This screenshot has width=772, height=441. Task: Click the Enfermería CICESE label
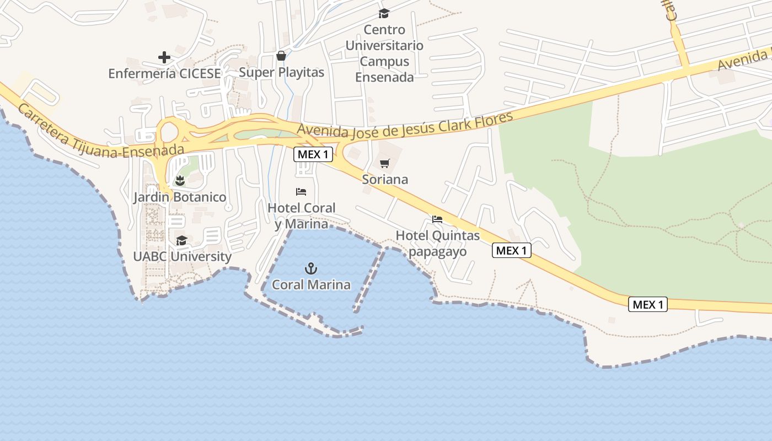164,73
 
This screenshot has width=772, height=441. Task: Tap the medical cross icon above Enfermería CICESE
164,57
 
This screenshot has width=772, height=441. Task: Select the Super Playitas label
281,72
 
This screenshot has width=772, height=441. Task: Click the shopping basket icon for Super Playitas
281,56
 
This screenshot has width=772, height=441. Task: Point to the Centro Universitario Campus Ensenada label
384,53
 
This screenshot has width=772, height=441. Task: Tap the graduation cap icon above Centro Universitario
384,13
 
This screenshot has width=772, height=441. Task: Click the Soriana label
385,179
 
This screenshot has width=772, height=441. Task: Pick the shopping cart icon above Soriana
385,163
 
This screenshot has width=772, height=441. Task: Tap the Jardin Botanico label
180,197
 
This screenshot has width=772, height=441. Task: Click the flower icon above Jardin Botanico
180,180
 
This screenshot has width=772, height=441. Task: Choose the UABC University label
182,256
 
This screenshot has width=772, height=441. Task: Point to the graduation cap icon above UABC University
182,240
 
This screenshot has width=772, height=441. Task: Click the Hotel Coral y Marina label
301,216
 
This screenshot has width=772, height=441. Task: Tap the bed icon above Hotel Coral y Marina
301,192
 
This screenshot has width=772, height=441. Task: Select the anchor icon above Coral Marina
312,268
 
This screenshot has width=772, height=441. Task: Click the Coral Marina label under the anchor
312,284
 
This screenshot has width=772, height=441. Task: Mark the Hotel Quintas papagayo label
438,243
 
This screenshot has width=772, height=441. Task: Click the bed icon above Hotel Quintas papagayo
437,219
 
